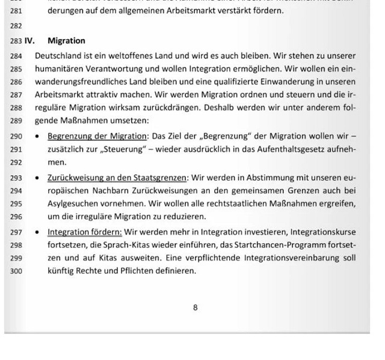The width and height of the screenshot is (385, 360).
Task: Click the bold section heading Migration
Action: coord(66,41)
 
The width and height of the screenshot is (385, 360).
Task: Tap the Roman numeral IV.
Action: coord(29,41)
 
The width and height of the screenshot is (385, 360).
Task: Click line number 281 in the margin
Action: coord(16,11)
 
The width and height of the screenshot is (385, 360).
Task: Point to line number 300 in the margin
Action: coord(16,271)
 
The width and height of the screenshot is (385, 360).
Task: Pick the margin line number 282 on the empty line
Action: coord(16,26)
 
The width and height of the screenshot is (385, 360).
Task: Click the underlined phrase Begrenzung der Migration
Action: coord(97,137)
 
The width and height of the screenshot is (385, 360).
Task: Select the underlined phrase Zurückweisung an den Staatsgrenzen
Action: coord(118,178)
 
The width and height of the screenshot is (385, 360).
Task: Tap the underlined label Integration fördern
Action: coord(85,232)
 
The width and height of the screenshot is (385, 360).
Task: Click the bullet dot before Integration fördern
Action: coord(37,232)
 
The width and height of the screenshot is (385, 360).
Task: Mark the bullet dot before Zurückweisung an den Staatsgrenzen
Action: coord(37,178)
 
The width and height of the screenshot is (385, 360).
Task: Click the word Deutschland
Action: coord(59,55)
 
